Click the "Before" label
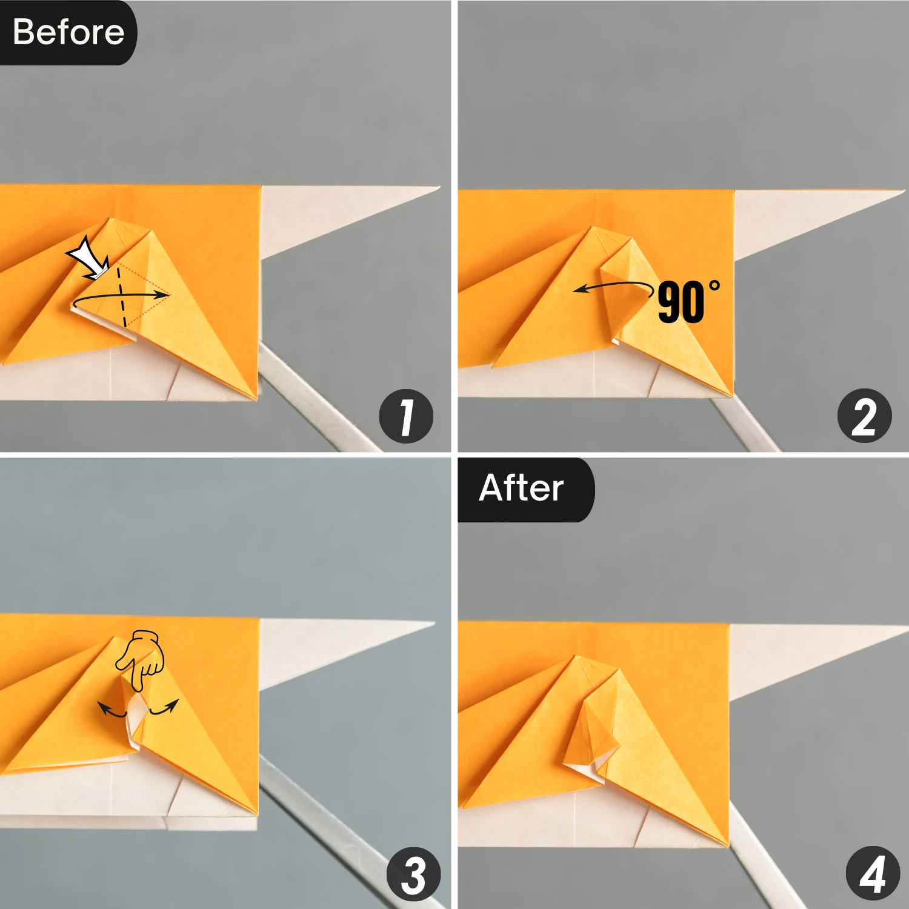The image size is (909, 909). pos(68,32)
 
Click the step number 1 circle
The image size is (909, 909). pos(406,416)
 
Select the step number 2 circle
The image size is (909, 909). pos(864,416)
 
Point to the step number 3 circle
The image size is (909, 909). pos(414,874)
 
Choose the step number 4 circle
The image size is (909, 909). pos(872,874)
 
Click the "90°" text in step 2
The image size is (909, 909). pos(688,302)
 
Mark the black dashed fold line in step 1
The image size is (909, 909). pos(122,297)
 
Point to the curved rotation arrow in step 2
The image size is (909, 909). pos(612,285)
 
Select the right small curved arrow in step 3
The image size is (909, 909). pos(165,708)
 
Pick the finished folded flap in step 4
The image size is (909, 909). pos(591,733)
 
